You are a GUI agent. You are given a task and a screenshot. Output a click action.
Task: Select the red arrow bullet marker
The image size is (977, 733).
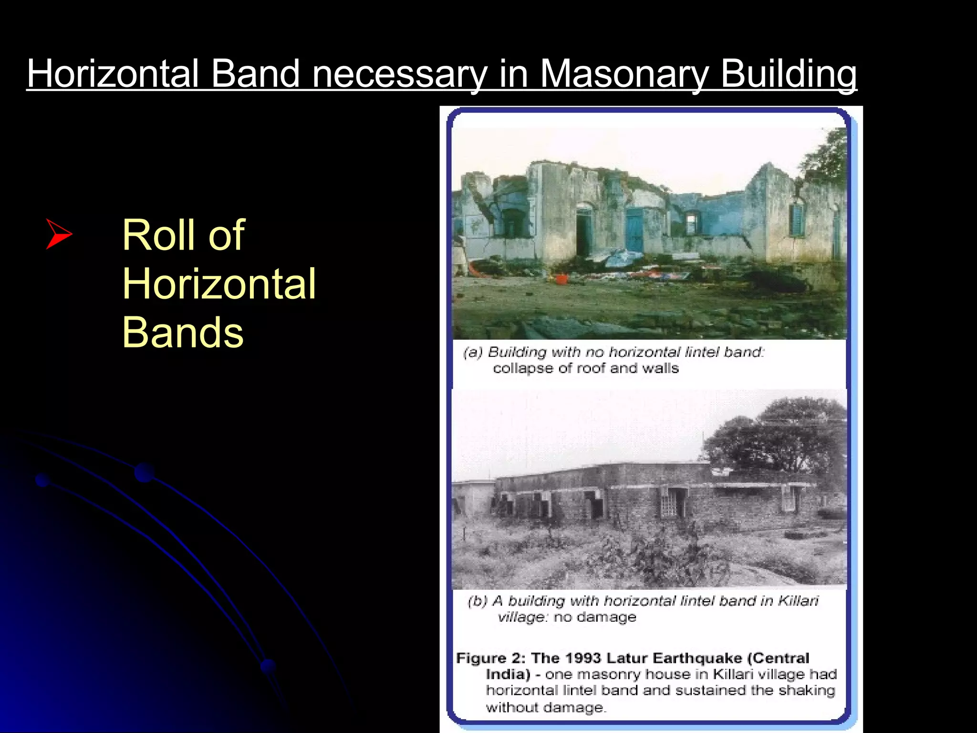tap(58, 234)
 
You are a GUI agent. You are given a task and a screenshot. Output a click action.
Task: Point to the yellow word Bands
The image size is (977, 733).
tap(183, 332)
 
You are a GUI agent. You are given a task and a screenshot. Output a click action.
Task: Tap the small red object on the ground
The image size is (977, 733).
tap(561, 278)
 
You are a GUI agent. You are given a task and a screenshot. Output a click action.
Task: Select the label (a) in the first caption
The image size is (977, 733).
tap(473, 352)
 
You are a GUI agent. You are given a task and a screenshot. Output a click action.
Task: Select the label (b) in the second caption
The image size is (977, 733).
tap(478, 601)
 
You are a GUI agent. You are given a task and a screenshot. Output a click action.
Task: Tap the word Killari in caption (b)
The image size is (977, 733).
tap(798, 600)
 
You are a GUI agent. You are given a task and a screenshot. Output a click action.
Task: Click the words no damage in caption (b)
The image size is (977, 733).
tap(594, 617)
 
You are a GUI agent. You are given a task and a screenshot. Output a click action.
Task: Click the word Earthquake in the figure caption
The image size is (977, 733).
tap(697, 658)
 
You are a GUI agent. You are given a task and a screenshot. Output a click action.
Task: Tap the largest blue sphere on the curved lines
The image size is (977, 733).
tap(144, 472)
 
